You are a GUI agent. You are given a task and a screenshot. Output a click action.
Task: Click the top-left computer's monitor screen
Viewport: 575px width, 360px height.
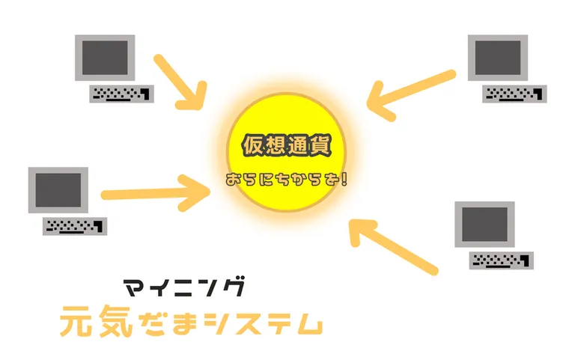click(x=105, y=58)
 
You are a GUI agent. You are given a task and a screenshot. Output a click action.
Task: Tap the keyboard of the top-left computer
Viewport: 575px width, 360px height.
click(x=121, y=94)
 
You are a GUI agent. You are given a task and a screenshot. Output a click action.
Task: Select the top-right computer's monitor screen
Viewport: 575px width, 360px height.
click(x=498, y=58)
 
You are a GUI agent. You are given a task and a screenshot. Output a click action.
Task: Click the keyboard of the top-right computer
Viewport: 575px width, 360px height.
click(x=514, y=94)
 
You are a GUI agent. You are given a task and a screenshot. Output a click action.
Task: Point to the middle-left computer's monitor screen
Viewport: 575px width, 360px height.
click(x=58, y=190)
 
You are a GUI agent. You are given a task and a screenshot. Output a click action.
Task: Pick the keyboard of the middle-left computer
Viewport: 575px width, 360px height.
click(x=75, y=226)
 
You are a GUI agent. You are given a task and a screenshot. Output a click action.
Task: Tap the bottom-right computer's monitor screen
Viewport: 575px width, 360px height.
click(x=484, y=225)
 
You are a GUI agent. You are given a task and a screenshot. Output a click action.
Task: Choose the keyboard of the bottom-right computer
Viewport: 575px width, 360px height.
click(x=502, y=260)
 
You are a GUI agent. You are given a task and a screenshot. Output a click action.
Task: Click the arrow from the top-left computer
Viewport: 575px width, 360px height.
click(x=179, y=82)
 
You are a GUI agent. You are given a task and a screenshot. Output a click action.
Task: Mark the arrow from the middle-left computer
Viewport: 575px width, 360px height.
click(x=156, y=193)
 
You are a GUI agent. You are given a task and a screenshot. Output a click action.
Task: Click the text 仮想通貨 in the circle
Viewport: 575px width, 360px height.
click(x=287, y=145)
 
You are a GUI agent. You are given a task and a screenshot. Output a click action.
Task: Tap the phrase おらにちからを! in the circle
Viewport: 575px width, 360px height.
click(x=287, y=180)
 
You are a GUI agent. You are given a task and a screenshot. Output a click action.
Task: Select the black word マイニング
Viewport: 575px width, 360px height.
click(x=183, y=287)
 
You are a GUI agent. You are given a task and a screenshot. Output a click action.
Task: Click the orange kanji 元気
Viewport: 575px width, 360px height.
click(x=97, y=321)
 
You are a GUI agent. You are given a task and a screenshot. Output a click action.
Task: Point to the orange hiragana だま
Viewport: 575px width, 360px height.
click(x=168, y=322)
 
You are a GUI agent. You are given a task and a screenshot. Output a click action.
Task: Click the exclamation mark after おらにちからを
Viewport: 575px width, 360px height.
click(x=344, y=180)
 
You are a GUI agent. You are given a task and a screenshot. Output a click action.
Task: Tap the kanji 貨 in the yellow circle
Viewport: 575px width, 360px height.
click(x=320, y=145)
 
